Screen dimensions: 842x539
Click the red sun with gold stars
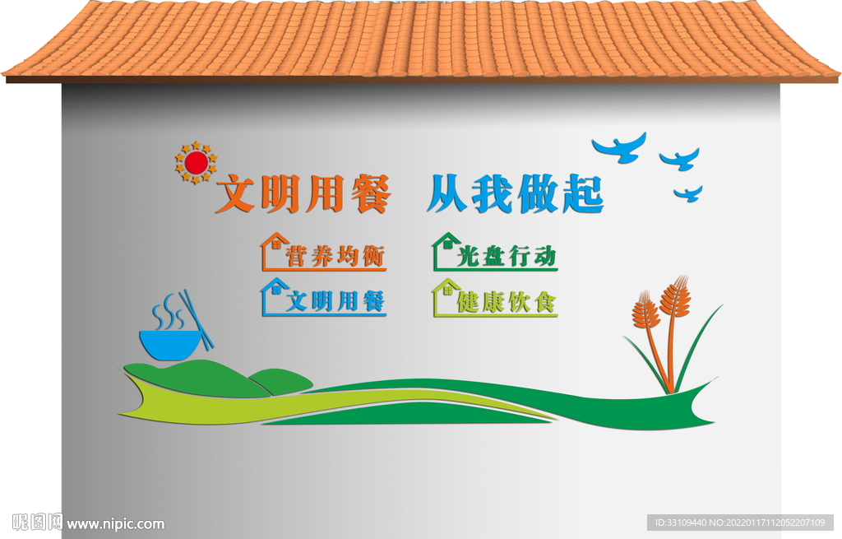(196, 162)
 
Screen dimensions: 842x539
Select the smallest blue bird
(690, 194)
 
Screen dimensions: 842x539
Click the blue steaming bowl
(171, 345)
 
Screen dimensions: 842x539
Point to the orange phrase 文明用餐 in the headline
(303, 193)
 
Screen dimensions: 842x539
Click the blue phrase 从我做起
(516, 193)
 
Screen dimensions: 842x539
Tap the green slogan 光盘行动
(507, 256)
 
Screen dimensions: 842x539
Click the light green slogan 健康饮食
(507, 301)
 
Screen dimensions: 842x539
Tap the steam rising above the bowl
(169, 312)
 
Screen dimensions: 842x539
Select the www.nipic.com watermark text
(115, 524)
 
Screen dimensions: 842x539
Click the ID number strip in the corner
(740, 523)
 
